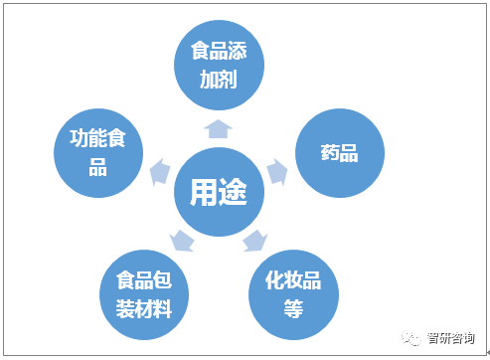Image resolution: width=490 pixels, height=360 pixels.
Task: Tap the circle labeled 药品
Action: pos(341,153)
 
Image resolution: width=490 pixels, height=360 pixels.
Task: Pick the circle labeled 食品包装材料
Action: pos(144,295)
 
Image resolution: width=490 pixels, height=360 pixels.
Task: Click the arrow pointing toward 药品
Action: pos(278,170)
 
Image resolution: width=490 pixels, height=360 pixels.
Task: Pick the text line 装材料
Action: pos(144,308)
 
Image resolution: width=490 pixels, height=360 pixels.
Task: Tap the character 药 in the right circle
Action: pos(331,153)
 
